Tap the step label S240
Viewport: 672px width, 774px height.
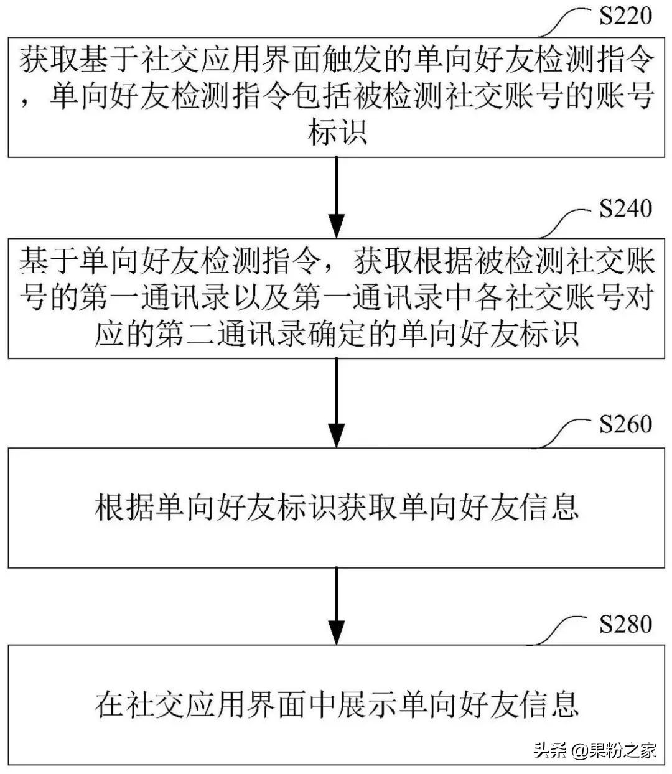click(625, 208)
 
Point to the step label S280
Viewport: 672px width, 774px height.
click(625, 623)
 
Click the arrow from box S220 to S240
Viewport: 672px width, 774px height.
click(336, 196)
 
